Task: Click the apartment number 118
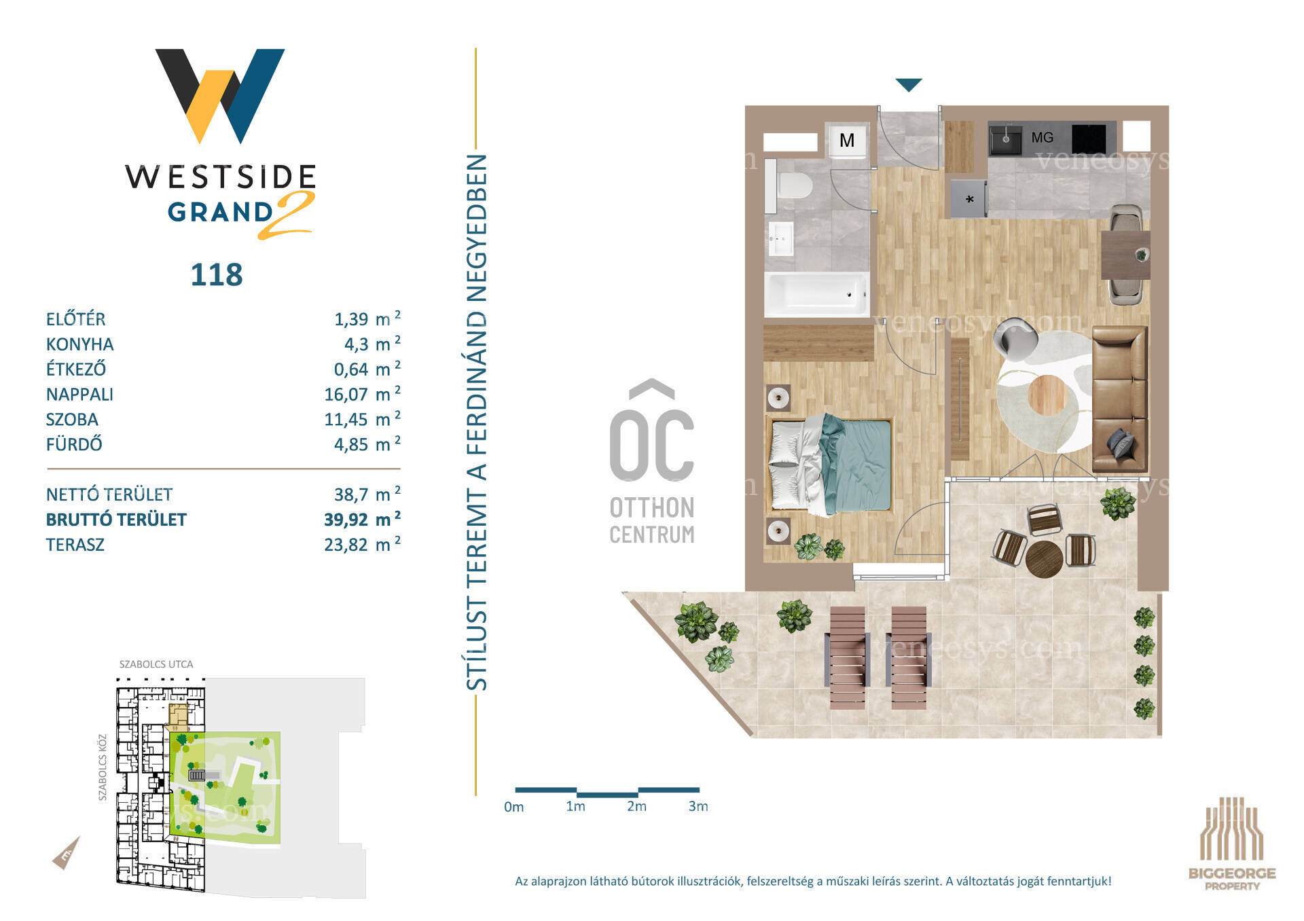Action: (x=217, y=275)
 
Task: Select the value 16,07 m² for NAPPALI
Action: (x=362, y=394)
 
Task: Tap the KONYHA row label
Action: (x=80, y=344)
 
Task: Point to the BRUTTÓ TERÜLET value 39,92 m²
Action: (x=362, y=519)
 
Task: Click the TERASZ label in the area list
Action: (x=75, y=545)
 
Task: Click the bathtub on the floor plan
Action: (x=816, y=294)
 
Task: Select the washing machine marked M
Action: (x=847, y=140)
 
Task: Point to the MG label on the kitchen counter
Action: (x=1042, y=138)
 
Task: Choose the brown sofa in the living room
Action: (x=1119, y=399)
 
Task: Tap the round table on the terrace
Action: (x=1044, y=558)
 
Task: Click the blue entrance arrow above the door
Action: (x=909, y=84)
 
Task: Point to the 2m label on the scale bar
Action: (x=636, y=806)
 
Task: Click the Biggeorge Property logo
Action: (x=1231, y=844)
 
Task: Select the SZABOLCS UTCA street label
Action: (x=156, y=664)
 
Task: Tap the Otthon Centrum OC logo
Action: (x=651, y=462)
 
